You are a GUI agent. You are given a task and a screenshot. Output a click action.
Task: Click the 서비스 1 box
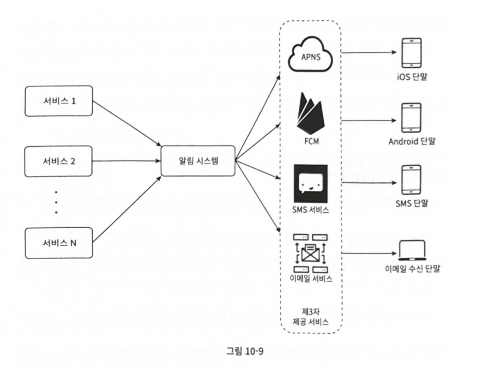59,101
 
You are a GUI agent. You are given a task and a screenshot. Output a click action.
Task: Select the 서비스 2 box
58,161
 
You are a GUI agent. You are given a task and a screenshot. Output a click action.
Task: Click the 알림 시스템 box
198,161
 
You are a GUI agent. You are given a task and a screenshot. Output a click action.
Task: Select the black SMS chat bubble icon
311,184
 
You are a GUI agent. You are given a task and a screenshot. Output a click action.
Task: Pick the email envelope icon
310,253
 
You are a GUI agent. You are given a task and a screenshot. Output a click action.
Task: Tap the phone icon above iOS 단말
411,53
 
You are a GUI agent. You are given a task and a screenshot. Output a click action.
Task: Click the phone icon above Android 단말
411,118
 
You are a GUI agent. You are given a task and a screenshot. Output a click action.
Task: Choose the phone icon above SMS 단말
411,180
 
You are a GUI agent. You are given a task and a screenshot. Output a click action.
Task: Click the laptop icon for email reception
412,251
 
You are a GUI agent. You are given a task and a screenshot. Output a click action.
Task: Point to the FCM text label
312,141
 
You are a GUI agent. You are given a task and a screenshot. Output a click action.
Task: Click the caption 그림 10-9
245,351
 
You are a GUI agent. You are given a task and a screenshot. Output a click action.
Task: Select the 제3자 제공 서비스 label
311,317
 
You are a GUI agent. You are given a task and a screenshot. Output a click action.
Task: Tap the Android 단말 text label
412,141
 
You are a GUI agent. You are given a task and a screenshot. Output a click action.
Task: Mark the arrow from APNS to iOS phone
369,52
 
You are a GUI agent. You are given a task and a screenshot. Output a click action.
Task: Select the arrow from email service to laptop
369,253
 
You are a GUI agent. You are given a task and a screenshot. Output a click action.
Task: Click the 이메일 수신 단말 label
412,269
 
